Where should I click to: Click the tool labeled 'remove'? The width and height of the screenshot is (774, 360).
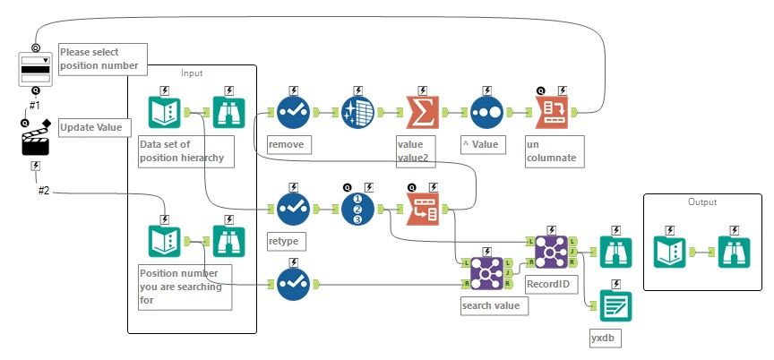tap(293, 113)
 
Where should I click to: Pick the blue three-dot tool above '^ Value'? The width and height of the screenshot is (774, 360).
tap(485, 113)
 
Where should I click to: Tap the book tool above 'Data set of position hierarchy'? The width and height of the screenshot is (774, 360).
tap(164, 113)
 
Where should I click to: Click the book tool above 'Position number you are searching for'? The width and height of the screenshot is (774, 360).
tap(164, 241)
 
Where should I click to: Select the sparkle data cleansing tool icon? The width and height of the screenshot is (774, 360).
tap(359, 113)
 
